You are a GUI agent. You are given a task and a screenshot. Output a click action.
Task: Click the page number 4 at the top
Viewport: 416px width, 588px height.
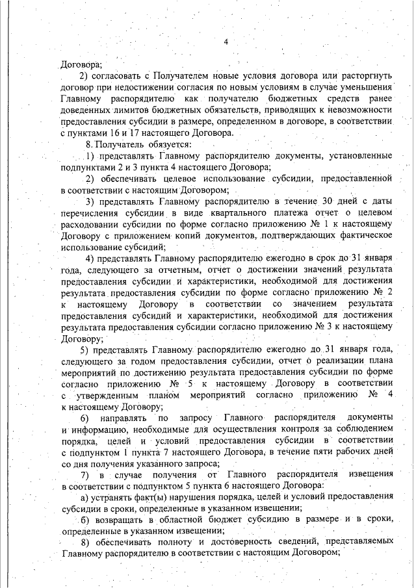226,43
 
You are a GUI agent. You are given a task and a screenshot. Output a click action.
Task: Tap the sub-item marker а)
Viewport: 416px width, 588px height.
85,498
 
